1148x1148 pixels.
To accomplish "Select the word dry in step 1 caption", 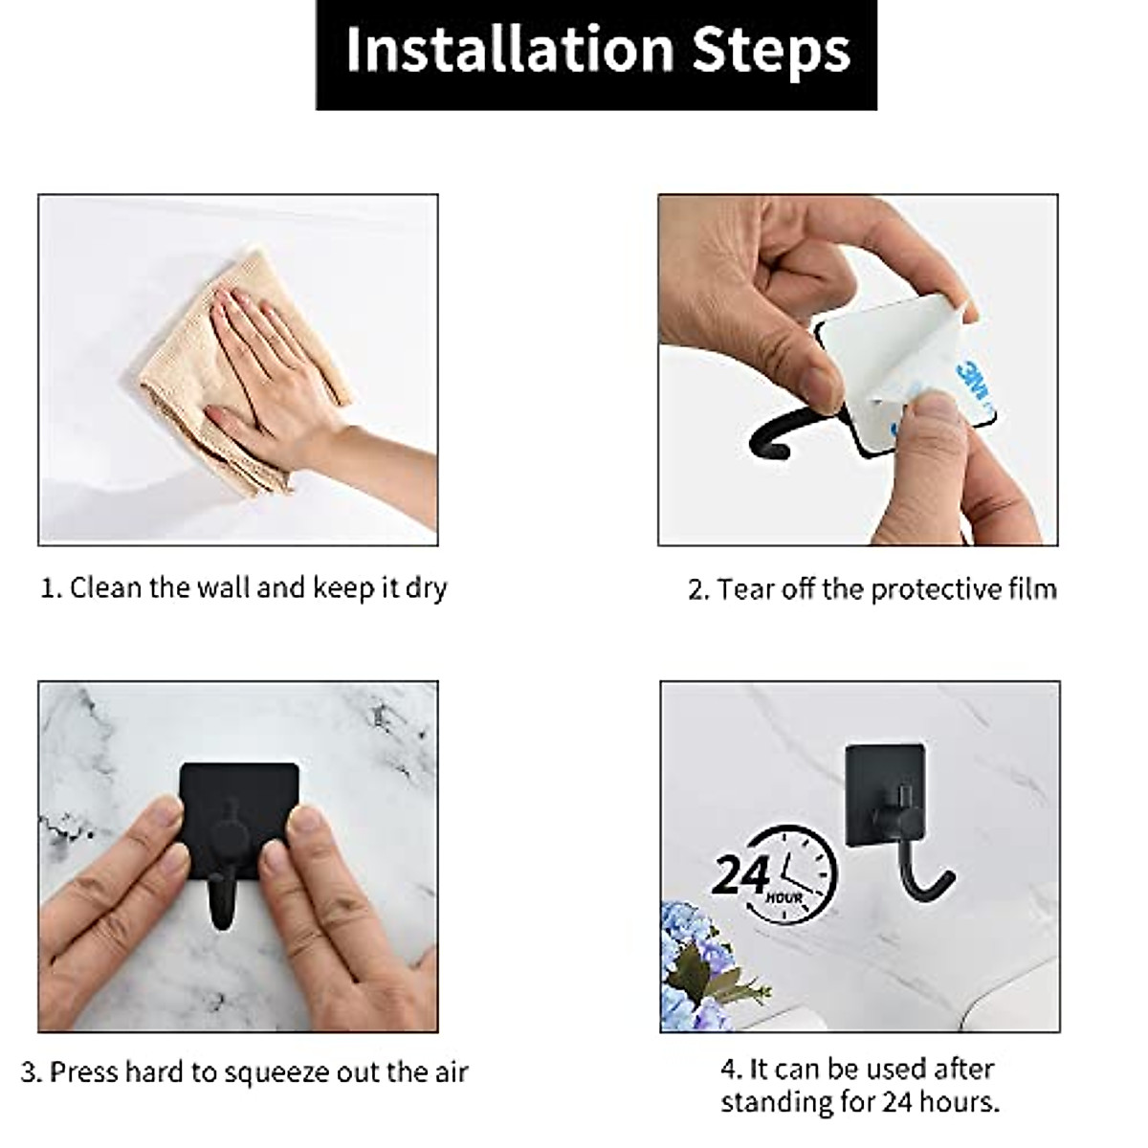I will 426,587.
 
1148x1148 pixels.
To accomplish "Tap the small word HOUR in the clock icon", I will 784,898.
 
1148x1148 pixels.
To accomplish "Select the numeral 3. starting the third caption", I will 31,1071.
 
